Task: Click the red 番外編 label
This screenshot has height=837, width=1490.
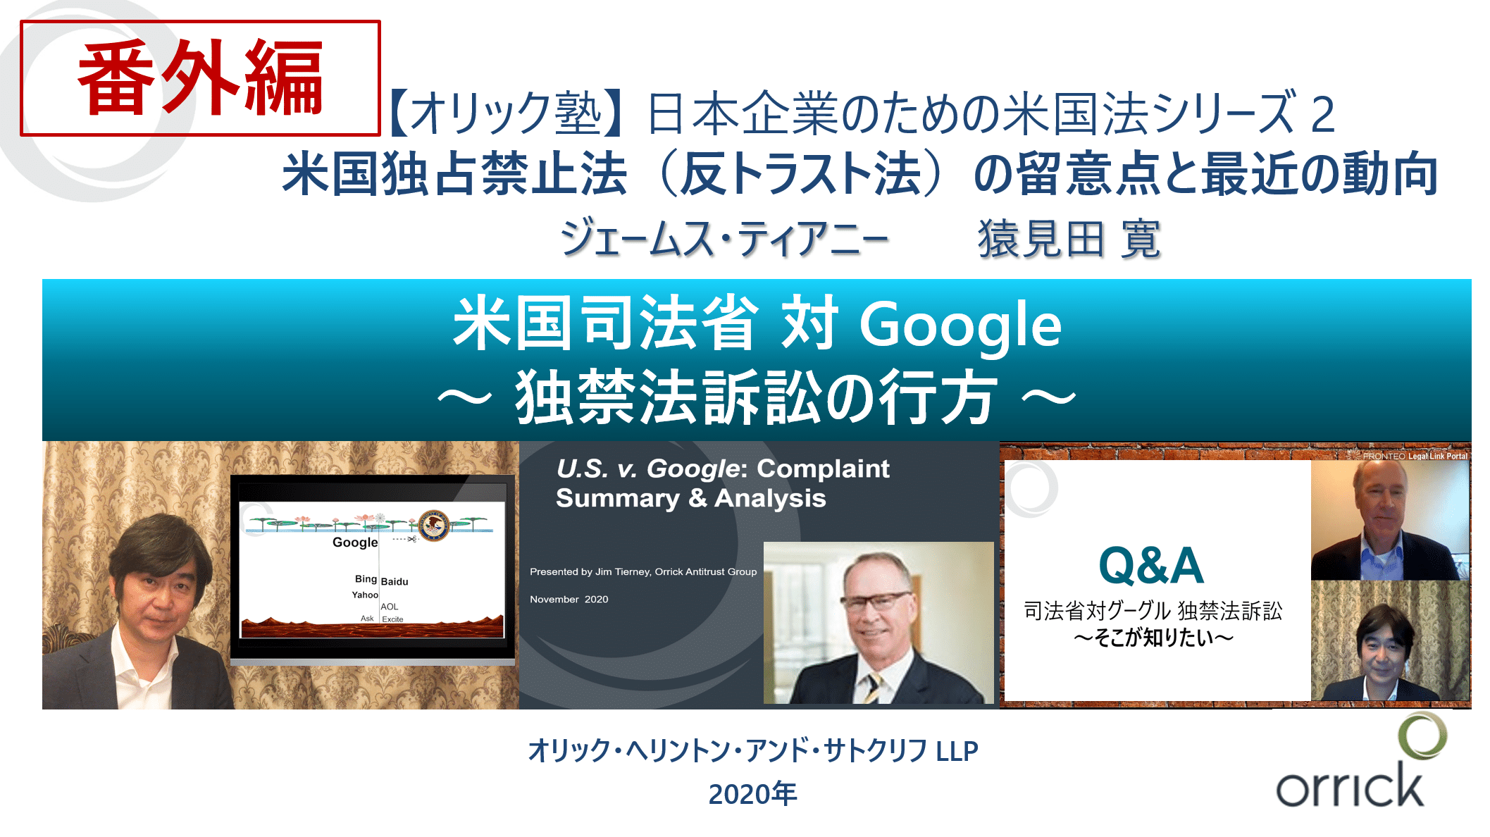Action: [x=201, y=77]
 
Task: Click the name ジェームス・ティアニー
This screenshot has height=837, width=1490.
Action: [x=724, y=238]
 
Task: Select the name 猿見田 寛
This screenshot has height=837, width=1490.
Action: [x=1069, y=238]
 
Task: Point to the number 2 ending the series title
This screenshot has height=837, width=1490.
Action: [x=1322, y=114]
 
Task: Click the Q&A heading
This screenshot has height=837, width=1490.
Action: [x=1151, y=566]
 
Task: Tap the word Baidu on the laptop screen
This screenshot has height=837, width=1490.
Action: [x=395, y=581]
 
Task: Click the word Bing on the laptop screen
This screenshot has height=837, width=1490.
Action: [x=366, y=578]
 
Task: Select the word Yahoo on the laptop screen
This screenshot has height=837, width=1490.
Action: [x=365, y=595]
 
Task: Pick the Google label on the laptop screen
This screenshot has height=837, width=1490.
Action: [x=355, y=542]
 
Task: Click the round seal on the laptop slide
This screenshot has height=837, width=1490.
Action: [x=434, y=526]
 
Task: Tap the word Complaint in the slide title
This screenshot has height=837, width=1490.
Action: [x=824, y=469]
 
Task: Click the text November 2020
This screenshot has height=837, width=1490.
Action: [x=569, y=599]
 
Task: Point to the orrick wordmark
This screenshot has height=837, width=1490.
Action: [x=1349, y=785]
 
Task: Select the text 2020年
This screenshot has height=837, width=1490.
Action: [x=752, y=794]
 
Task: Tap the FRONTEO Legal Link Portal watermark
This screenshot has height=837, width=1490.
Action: [x=1415, y=456]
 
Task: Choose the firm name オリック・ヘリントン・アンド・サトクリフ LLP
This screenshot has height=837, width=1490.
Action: [x=753, y=750]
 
